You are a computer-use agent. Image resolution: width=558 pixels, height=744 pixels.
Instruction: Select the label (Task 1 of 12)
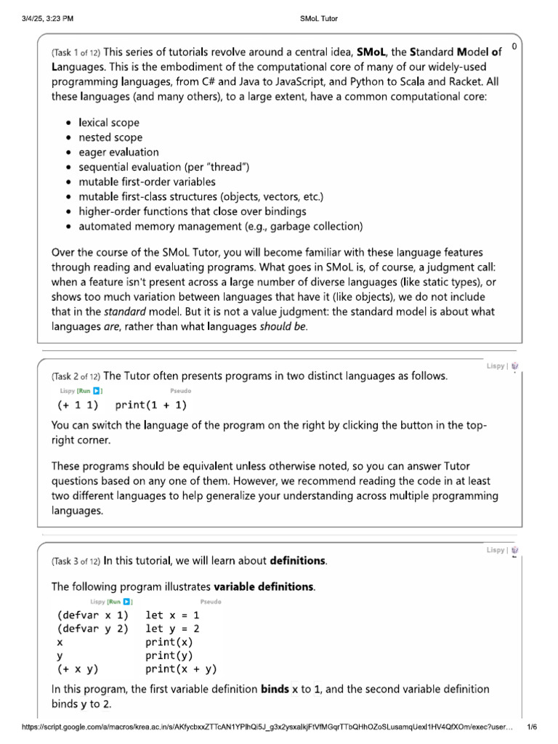pos(76,53)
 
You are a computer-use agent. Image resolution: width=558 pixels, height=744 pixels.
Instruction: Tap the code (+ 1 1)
pos(78,405)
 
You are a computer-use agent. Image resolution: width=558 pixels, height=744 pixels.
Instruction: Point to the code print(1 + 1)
pos(151,405)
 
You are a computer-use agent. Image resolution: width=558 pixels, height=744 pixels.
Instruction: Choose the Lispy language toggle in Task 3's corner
pos(495,551)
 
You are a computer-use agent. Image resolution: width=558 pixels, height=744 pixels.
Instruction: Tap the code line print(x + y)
pos(181,669)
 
